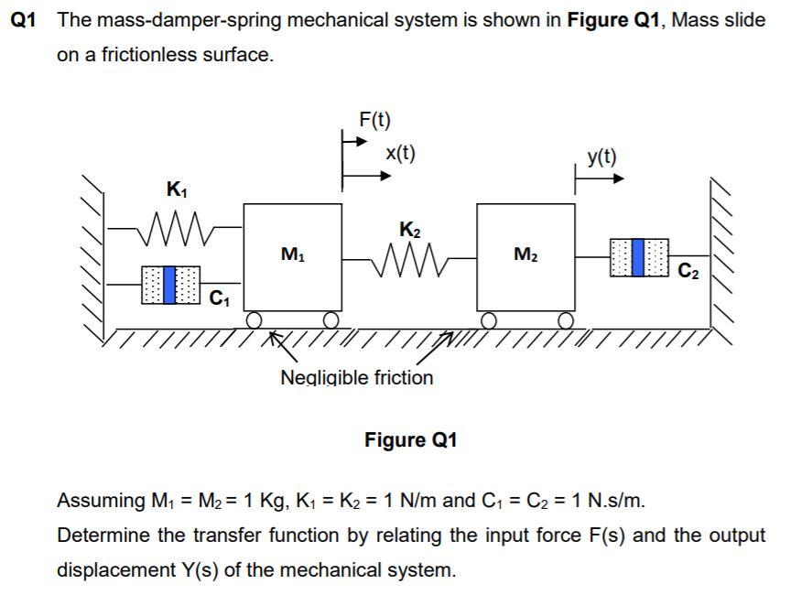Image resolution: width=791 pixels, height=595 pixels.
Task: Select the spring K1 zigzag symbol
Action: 175,224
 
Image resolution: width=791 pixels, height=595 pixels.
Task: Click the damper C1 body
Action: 169,285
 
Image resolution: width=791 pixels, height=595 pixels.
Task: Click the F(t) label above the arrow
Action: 374,119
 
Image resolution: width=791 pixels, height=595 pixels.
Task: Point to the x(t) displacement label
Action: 400,153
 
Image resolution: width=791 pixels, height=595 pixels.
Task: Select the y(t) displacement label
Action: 601,157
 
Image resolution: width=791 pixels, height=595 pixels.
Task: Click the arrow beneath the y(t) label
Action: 600,180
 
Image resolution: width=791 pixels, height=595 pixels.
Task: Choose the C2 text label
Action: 689,271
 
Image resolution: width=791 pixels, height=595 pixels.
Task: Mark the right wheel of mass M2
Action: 567,319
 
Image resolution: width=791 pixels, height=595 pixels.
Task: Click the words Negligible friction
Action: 356,377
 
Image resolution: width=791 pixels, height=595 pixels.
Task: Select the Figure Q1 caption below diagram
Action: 410,440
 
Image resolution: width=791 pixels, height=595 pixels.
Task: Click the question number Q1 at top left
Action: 22,21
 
